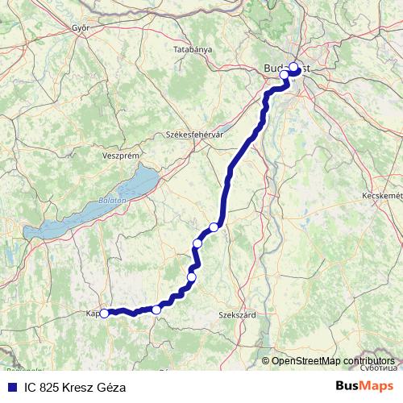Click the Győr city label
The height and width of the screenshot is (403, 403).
[x=79, y=27]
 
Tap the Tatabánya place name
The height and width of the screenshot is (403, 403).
[x=192, y=50]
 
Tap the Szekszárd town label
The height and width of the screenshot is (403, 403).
[x=238, y=316]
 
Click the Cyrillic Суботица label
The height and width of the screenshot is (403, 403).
[x=379, y=368]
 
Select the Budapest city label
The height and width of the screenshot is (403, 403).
[x=287, y=69]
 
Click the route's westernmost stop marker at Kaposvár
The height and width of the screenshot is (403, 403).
[x=104, y=314]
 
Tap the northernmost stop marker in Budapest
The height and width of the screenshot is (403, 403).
[x=294, y=68]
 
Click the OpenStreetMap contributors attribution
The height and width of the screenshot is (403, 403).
[x=333, y=360]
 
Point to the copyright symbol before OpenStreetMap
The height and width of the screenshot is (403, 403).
[x=266, y=360]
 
